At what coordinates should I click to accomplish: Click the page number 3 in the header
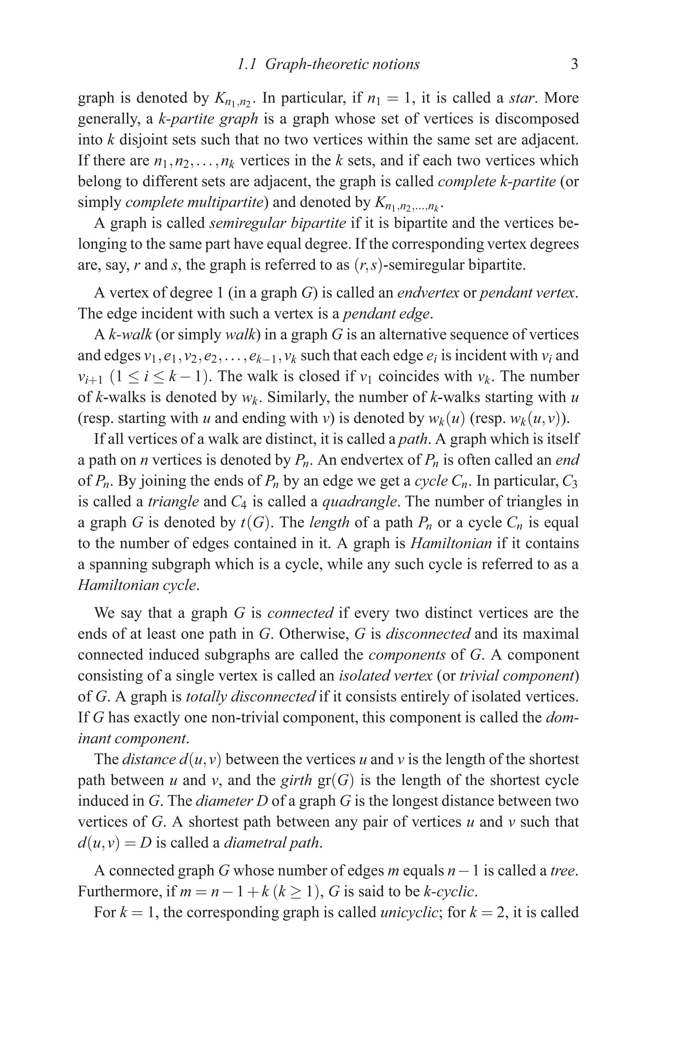[574, 65]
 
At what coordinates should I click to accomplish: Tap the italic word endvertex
[428, 293]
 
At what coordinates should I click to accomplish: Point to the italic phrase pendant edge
[387, 314]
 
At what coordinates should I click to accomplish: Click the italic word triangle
[173, 502]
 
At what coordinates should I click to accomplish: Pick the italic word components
[407, 655]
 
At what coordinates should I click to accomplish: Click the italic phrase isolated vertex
[385, 676]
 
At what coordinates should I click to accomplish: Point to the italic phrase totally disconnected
[250, 697]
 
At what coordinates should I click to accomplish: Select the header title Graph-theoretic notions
[342, 65]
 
